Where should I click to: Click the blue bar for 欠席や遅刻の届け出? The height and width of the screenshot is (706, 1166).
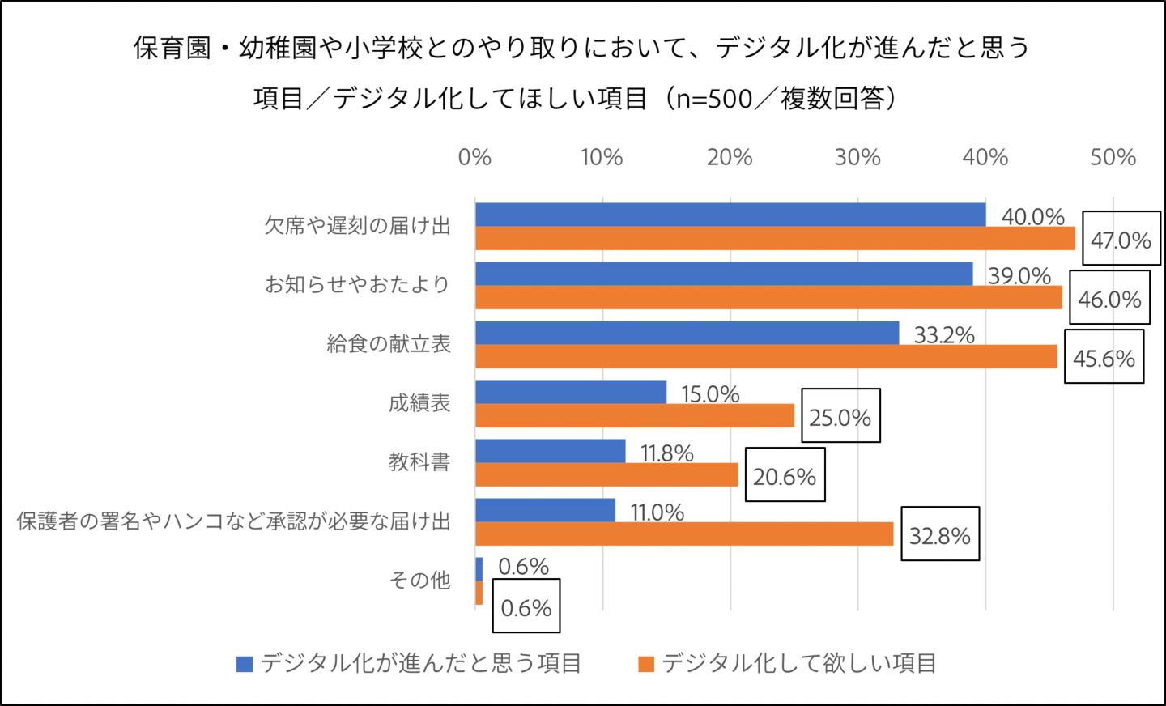(x=730, y=215)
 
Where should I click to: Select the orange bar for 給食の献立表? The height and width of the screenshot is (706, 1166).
(x=765, y=357)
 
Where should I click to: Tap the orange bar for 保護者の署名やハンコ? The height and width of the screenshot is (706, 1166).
(x=683, y=534)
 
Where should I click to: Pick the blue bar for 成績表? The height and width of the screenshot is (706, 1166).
(x=570, y=392)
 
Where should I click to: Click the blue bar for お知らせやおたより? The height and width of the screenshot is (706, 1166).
(x=723, y=274)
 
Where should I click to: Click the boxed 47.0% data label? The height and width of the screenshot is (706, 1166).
(x=1121, y=240)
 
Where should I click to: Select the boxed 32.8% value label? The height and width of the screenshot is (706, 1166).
(x=939, y=536)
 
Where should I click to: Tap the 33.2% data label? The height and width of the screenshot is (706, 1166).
(x=944, y=335)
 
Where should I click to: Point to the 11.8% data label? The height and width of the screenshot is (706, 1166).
(x=667, y=453)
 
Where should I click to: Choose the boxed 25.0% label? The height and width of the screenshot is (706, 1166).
(x=840, y=418)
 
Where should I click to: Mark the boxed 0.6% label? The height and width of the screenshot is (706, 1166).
(x=526, y=608)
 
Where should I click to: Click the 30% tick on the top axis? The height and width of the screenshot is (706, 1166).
(x=857, y=157)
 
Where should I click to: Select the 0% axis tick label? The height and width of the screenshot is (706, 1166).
(x=474, y=157)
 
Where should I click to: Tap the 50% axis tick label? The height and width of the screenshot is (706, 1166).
(x=1113, y=157)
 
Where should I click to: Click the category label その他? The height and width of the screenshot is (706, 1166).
(x=419, y=581)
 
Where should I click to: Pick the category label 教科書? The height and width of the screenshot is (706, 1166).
(x=419, y=462)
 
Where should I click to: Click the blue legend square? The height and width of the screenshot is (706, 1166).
(x=245, y=664)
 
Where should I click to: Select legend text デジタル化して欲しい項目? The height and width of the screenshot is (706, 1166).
(x=798, y=664)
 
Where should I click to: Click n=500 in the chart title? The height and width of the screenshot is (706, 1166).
(x=722, y=99)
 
